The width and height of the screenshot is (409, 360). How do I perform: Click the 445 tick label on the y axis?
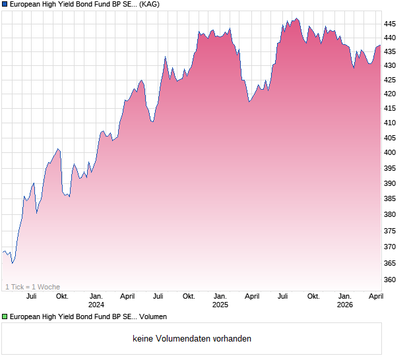[390, 24]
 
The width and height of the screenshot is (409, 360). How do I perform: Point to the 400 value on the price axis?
[390, 153]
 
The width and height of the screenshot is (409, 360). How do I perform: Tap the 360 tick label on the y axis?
[390, 280]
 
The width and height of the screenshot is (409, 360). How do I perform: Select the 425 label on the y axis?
[390, 80]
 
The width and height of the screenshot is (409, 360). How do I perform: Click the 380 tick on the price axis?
[390, 215]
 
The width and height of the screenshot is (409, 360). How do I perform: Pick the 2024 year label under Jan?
[96, 305]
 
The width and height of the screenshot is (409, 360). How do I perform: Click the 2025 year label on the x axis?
[220, 305]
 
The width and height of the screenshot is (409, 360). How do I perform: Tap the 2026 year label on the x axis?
[344, 305]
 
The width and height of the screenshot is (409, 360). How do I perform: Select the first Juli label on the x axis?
[31, 297]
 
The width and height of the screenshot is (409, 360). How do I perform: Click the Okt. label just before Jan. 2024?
[62, 297]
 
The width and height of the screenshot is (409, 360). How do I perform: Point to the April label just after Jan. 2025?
[252, 297]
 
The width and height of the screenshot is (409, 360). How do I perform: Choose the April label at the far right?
[375, 297]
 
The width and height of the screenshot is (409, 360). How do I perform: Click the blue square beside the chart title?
[5, 5]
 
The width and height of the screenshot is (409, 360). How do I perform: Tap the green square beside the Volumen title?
[5, 317]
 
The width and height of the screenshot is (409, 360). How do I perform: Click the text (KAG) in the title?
[149, 5]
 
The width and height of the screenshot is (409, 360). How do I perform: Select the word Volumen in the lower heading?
[153, 317]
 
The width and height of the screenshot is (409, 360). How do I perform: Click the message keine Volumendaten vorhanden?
[191, 339]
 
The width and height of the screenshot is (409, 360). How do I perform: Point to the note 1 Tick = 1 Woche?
[32, 287]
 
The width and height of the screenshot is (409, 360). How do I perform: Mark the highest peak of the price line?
[296, 18]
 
